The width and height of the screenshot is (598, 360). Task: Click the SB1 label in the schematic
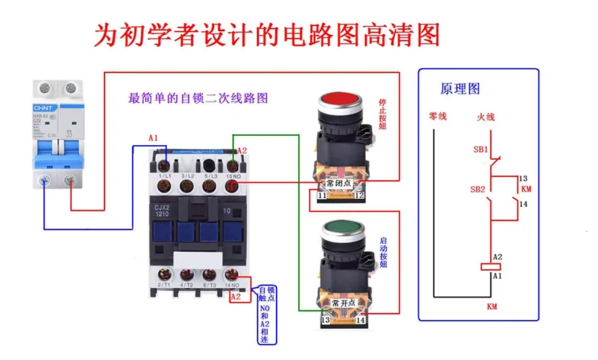pyautogui.click(x=480, y=150)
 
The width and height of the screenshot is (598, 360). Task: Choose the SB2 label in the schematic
pyautogui.click(x=477, y=189)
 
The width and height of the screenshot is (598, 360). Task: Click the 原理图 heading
pyautogui.click(x=460, y=89)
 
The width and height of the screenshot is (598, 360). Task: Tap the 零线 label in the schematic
pyautogui.click(x=438, y=116)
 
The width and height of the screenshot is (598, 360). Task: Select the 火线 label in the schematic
pyautogui.click(x=486, y=116)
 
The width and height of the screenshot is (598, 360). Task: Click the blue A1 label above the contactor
pyautogui.click(x=152, y=137)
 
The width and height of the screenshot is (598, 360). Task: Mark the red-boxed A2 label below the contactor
pyautogui.click(x=235, y=296)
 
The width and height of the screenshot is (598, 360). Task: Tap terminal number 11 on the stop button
pyautogui.click(x=323, y=196)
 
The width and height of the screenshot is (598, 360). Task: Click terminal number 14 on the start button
pyautogui.click(x=360, y=319)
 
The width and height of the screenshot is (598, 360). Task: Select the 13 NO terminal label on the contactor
pyautogui.click(x=232, y=176)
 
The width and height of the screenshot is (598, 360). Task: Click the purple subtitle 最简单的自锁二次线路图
pyautogui.click(x=197, y=99)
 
